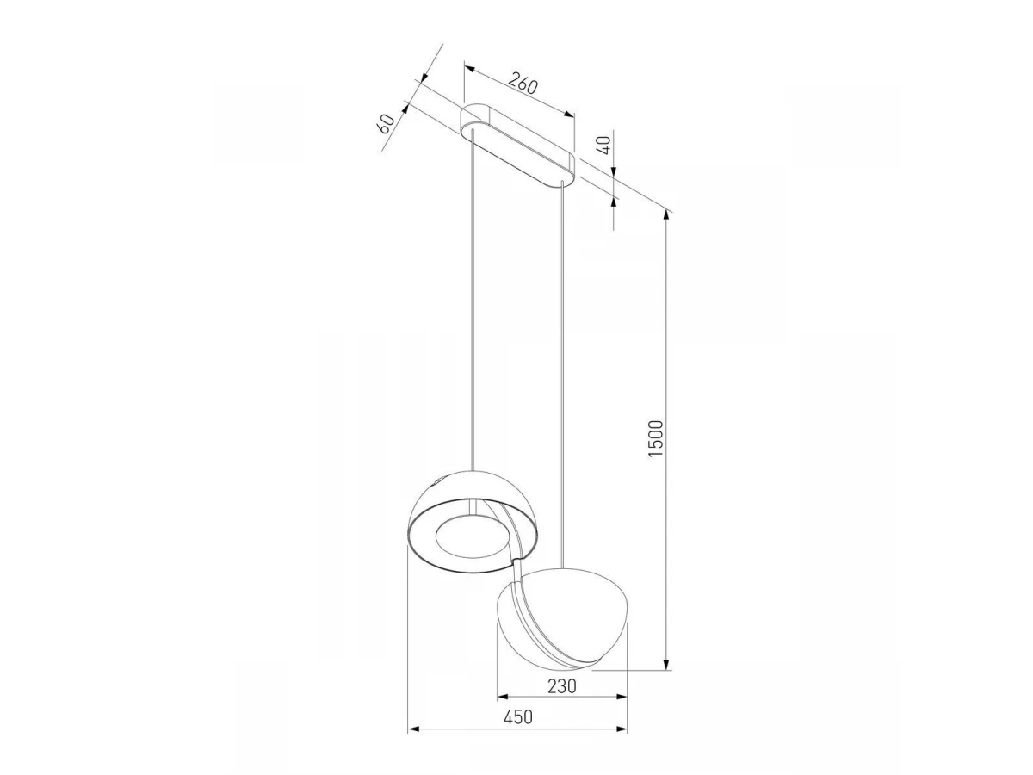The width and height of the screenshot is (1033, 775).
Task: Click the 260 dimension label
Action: [x=523, y=84]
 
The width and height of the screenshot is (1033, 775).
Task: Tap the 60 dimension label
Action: [x=386, y=123]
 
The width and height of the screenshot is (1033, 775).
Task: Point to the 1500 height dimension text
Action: [x=656, y=438]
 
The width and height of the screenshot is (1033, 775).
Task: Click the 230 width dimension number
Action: [x=562, y=686]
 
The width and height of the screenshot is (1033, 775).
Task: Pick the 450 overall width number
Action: [x=518, y=717]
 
